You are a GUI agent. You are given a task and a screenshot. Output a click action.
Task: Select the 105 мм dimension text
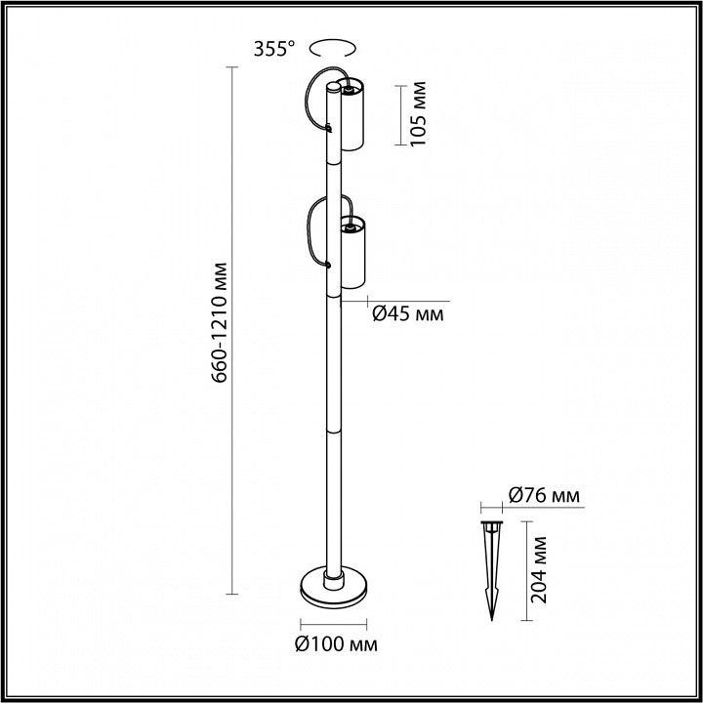tap(419, 115)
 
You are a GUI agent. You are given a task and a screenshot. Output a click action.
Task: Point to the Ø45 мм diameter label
tap(408, 313)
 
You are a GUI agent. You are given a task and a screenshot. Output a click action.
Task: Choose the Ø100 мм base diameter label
tap(335, 645)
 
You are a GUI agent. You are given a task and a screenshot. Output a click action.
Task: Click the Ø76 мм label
tap(544, 496)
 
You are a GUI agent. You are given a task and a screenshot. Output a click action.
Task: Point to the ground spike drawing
tap(490, 561)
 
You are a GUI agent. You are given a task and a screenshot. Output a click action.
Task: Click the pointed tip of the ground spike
tap(491, 618)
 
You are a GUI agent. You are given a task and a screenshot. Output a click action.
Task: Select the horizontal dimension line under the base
tap(335, 624)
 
